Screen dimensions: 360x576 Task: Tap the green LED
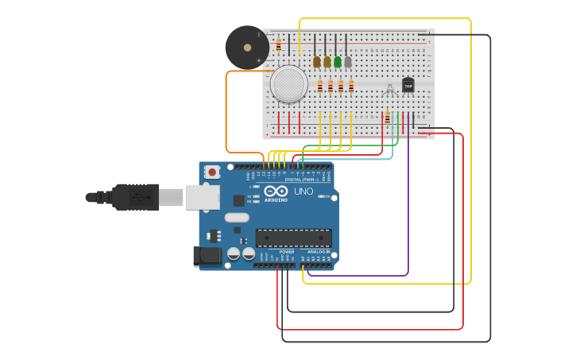[x=338, y=61]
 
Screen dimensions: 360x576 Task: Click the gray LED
[x=348, y=61]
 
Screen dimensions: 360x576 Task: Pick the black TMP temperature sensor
[x=408, y=85]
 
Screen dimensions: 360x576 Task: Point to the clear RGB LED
[x=389, y=91]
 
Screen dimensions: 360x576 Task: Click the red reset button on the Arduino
[x=212, y=172]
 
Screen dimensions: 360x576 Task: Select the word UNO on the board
[x=303, y=192]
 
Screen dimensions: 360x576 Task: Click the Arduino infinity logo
[x=276, y=192]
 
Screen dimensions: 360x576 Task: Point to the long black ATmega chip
[x=293, y=237]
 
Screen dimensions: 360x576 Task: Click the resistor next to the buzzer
[x=278, y=45]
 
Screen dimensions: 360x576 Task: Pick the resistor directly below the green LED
[x=341, y=87]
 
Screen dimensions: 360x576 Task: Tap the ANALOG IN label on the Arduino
[x=319, y=252]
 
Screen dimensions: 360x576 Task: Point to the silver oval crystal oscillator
[x=237, y=217]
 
